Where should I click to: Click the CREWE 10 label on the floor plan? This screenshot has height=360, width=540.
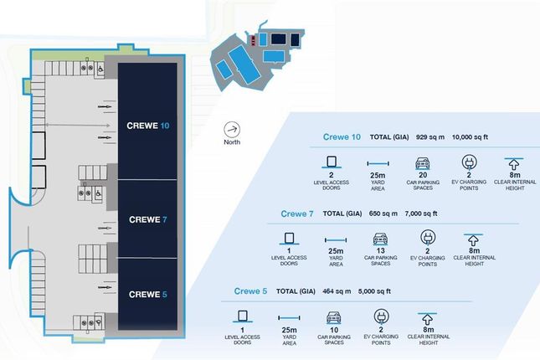click(148, 126)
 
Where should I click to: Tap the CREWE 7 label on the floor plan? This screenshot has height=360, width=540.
click(148, 220)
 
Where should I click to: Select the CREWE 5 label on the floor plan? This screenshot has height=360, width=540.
click(148, 294)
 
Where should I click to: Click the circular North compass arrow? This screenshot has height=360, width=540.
click(232, 130)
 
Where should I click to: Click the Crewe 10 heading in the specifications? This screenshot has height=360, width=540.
click(342, 136)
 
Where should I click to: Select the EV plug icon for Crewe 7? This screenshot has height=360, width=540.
click(427, 239)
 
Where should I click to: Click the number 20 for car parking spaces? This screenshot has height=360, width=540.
click(423, 176)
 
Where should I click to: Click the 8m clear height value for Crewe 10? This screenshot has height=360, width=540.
click(515, 176)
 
